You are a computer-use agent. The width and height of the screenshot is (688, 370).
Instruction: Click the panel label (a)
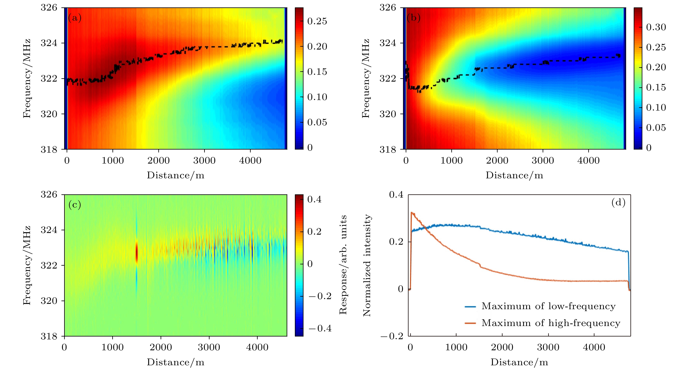74,18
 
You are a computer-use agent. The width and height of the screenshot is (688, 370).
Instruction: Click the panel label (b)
413,18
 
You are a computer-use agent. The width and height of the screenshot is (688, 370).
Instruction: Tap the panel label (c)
74,205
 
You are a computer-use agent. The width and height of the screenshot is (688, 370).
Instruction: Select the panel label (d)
618,203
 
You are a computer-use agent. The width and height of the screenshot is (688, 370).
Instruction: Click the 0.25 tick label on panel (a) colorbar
317,21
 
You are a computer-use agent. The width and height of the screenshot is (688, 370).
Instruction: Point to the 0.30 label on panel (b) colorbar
656,27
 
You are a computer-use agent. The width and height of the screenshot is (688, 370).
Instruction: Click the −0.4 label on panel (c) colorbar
320,328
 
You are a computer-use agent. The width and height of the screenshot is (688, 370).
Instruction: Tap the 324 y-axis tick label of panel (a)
49,43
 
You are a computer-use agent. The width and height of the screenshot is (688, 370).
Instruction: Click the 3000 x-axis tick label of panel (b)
543,161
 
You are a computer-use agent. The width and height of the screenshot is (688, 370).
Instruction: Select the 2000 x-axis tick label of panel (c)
161,347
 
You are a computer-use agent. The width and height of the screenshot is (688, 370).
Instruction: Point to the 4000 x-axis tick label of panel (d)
594,347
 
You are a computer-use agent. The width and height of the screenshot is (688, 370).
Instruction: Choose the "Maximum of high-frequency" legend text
551,323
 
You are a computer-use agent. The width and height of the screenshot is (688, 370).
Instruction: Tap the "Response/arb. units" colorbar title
343,265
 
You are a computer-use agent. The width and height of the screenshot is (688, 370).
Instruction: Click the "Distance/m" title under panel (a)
175,175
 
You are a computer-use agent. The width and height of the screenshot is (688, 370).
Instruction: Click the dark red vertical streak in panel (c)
137,252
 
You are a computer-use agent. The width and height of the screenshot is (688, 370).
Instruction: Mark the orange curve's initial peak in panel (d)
412,213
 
